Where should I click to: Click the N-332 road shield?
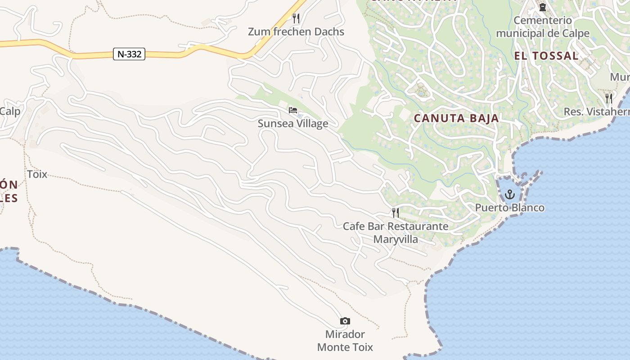click(x=129, y=54)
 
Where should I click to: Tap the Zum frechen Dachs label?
click(x=296, y=31)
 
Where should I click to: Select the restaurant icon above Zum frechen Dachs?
click(x=296, y=18)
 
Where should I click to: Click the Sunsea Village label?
click(x=293, y=123)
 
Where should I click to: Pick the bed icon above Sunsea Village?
click(x=293, y=110)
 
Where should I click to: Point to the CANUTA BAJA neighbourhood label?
click(x=456, y=118)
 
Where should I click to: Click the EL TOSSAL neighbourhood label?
click(x=546, y=56)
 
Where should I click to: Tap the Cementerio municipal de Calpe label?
click(x=543, y=27)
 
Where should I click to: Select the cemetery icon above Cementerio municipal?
click(x=543, y=7)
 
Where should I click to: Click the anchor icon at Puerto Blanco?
click(x=510, y=194)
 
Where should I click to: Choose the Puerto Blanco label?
click(x=510, y=207)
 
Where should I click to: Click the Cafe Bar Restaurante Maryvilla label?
click(x=396, y=232)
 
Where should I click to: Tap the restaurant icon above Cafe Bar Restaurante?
click(x=396, y=212)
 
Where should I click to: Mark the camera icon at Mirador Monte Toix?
click(x=345, y=321)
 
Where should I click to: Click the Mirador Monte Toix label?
click(x=345, y=341)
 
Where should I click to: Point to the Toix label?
click(x=37, y=174)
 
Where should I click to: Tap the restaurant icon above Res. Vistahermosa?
click(x=609, y=98)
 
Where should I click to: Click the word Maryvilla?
click(x=396, y=239)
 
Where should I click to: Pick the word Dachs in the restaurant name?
click(x=329, y=31)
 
